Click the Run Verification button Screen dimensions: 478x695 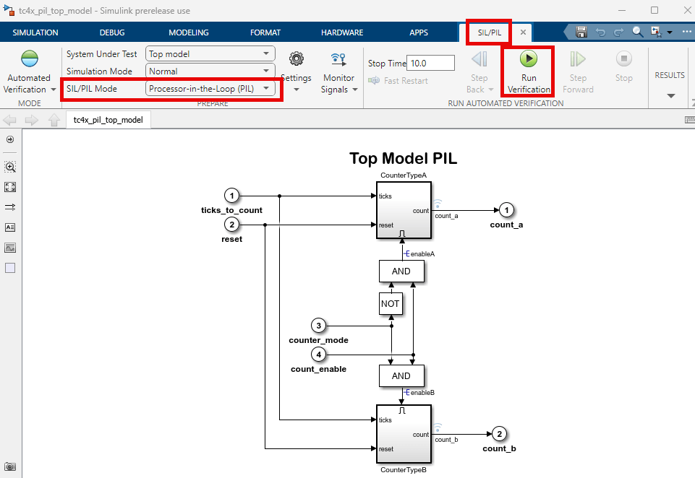pos(529,71)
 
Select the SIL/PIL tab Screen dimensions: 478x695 pos(489,32)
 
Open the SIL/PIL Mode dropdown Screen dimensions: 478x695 pos(210,89)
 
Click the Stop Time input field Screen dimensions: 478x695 pos(431,63)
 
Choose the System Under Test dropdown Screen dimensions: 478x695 pos(210,53)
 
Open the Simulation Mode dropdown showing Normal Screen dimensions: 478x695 pos(210,71)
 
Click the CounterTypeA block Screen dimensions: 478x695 pos(403,210)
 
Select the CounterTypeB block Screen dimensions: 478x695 pos(403,434)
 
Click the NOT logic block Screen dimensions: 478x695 pos(391,304)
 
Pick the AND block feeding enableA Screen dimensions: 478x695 pos(401,271)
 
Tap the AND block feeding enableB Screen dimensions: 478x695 pos(401,375)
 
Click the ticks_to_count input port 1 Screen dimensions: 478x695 pos(231,196)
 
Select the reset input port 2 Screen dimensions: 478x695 pos(231,225)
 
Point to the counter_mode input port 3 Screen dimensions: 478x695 pos(318,326)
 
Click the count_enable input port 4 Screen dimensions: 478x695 pos(318,355)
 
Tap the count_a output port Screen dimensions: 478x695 pos(507,210)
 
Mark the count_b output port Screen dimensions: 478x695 pos(499,435)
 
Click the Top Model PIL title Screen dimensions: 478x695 pos(403,158)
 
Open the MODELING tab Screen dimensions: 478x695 pos(189,32)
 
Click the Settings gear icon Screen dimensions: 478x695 pos(296,59)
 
